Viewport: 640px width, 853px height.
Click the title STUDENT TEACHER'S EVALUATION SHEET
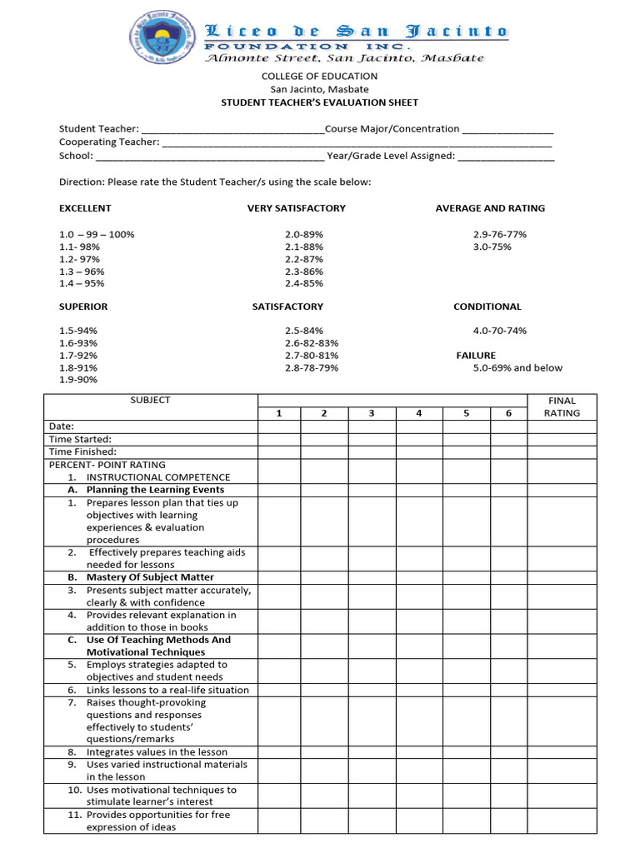(x=319, y=102)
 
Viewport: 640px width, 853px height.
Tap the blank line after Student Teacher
(x=232, y=130)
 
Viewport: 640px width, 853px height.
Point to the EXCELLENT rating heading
(x=85, y=208)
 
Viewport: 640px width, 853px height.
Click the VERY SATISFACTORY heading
(x=296, y=208)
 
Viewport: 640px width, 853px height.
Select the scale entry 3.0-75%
(x=492, y=247)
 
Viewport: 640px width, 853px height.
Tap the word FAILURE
(x=476, y=356)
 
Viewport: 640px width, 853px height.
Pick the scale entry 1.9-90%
(x=78, y=380)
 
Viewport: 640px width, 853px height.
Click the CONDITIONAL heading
(x=487, y=307)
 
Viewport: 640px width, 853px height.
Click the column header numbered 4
(x=419, y=413)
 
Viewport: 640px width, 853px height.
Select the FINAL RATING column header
(x=562, y=407)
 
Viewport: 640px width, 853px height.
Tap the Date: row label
(x=62, y=426)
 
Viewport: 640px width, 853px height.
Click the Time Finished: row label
(x=82, y=451)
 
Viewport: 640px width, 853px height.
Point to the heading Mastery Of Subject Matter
(x=150, y=577)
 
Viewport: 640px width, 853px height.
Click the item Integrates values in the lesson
(x=157, y=752)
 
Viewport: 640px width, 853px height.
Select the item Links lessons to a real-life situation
(x=167, y=690)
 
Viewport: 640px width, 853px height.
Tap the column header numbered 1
(x=278, y=413)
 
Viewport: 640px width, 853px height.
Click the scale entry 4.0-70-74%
(x=500, y=331)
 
